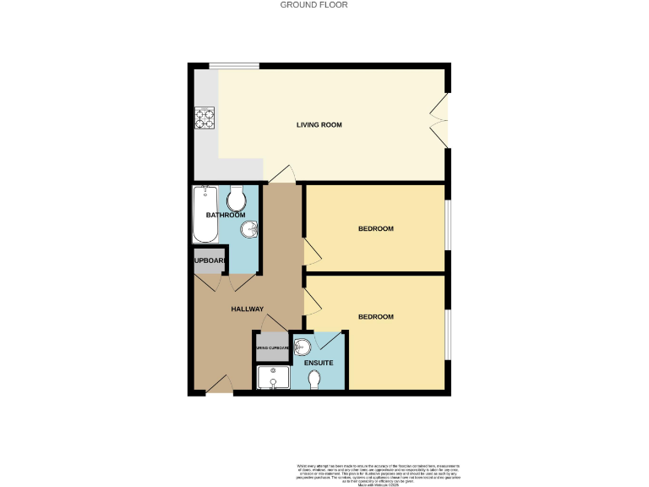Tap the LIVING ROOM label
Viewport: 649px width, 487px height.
pyautogui.click(x=319, y=125)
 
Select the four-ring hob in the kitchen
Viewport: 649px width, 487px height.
pyautogui.click(x=205, y=119)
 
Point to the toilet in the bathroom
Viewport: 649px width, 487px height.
pyautogui.click(x=237, y=199)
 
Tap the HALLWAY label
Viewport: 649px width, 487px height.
pyautogui.click(x=248, y=309)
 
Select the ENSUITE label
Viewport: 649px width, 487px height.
pyautogui.click(x=319, y=363)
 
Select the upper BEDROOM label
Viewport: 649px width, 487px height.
pyautogui.click(x=376, y=229)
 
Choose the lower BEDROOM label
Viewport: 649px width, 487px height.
pyautogui.click(x=376, y=317)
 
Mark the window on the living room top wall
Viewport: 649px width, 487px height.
pyautogui.click(x=234, y=66)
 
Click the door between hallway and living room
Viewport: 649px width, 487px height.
pyautogui.click(x=282, y=174)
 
